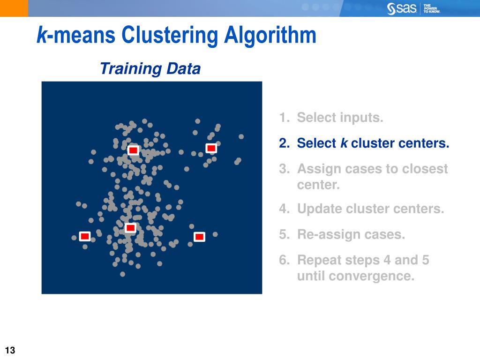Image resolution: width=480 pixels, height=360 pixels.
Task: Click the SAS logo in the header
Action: [x=402, y=8]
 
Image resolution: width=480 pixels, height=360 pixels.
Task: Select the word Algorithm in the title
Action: [x=270, y=36]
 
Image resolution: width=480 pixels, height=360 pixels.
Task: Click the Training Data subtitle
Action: [x=150, y=69]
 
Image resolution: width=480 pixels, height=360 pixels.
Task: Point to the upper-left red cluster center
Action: [x=133, y=150]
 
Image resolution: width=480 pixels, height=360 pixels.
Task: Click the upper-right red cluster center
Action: [x=211, y=148]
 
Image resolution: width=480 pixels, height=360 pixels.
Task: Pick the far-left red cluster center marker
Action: [x=84, y=236]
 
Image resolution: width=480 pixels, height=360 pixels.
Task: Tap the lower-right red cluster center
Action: [x=199, y=237]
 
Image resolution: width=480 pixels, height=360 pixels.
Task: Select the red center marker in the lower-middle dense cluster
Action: [x=130, y=228]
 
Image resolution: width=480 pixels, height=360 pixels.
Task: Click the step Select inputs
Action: [x=340, y=118]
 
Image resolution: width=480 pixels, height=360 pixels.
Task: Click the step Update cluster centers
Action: [x=370, y=209]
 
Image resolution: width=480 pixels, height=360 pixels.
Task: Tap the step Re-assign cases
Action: [x=351, y=234]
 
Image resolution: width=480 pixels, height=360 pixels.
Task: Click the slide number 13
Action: [x=10, y=350]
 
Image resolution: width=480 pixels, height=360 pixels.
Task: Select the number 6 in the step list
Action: [x=283, y=260]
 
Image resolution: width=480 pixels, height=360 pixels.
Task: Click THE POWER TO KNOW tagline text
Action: [x=431, y=8]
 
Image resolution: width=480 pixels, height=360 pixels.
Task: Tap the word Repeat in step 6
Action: [x=320, y=260]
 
